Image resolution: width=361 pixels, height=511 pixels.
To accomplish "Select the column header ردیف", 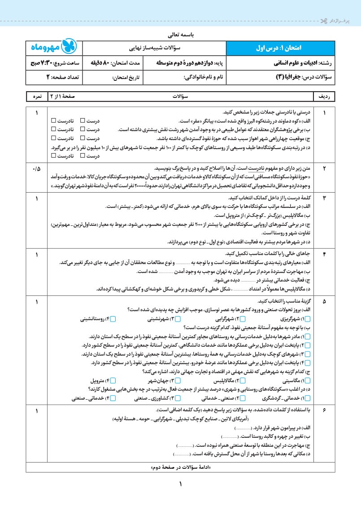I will tap(324, 97).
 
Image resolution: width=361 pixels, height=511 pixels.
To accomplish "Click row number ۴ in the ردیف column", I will tap(324, 255).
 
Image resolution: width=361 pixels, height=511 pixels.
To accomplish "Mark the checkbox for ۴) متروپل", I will tap(113, 381).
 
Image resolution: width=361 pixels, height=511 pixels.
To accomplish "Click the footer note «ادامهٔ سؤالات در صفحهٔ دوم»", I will tap(179, 467).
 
